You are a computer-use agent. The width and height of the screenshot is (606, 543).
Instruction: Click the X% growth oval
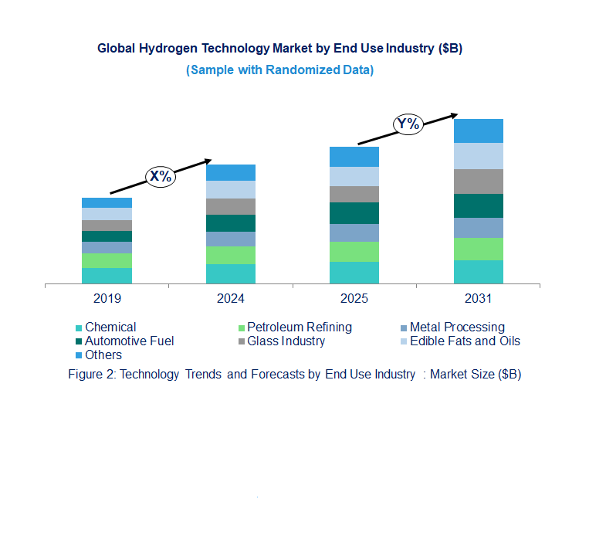coord(161,176)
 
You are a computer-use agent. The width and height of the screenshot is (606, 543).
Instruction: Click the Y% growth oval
coord(408,124)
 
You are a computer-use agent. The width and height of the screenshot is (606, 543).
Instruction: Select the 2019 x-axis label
coord(107,298)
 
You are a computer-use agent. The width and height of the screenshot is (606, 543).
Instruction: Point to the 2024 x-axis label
coord(231,298)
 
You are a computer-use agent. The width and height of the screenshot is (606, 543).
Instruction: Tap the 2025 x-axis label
coord(354,298)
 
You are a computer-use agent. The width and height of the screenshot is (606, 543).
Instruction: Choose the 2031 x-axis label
coord(479,298)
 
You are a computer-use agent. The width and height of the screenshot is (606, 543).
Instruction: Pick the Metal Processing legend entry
coord(456,327)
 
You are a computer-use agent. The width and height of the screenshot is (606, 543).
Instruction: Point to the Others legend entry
coord(103,355)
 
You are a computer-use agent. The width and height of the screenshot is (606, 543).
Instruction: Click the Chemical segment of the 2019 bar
coord(107,276)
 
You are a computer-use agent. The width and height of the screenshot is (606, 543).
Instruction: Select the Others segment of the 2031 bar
coord(479,131)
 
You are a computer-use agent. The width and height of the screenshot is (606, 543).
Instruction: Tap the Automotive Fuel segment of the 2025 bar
coord(354,213)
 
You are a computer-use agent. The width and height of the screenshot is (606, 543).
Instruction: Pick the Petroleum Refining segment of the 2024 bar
coord(231,255)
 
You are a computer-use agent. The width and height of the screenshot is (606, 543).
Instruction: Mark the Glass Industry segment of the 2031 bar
coord(479,182)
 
